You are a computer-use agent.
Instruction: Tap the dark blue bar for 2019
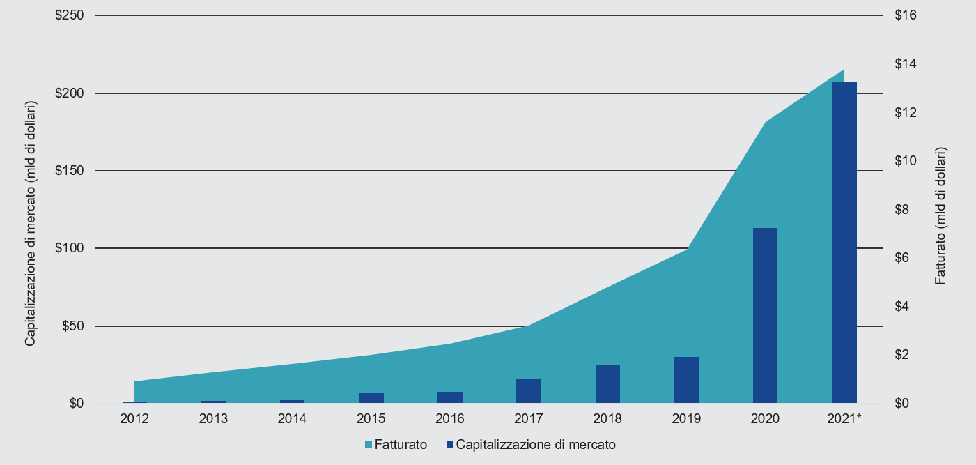pyautogui.click(x=686, y=380)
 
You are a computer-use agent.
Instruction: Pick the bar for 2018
pyautogui.click(x=607, y=384)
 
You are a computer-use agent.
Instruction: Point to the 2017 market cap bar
pyautogui.click(x=528, y=390)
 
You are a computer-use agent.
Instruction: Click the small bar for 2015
pyautogui.click(x=371, y=398)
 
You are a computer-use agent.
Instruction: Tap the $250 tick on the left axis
pyautogui.click(x=69, y=15)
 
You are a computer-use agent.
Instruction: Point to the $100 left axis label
pyautogui.click(x=69, y=248)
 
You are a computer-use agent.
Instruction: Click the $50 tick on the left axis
pyautogui.click(x=72, y=326)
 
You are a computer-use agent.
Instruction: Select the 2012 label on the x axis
pyautogui.click(x=134, y=419)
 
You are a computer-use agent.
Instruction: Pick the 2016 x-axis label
pyautogui.click(x=449, y=419)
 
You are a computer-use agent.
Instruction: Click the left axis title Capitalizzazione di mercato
pyautogui.click(x=31, y=223)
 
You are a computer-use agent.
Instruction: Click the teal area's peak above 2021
pyautogui.click(x=843, y=70)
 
